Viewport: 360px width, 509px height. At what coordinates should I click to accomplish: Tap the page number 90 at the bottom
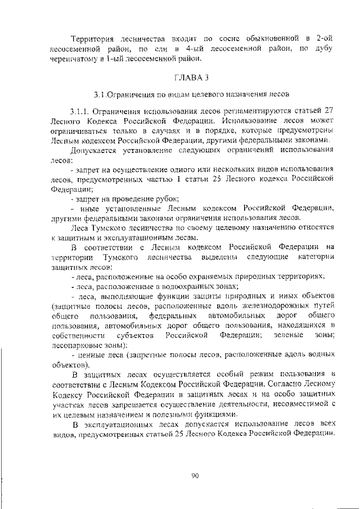[195, 476]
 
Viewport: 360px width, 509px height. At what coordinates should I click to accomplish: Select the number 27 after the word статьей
[330, 111]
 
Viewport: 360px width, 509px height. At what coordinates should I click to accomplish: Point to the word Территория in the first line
[92, 38]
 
